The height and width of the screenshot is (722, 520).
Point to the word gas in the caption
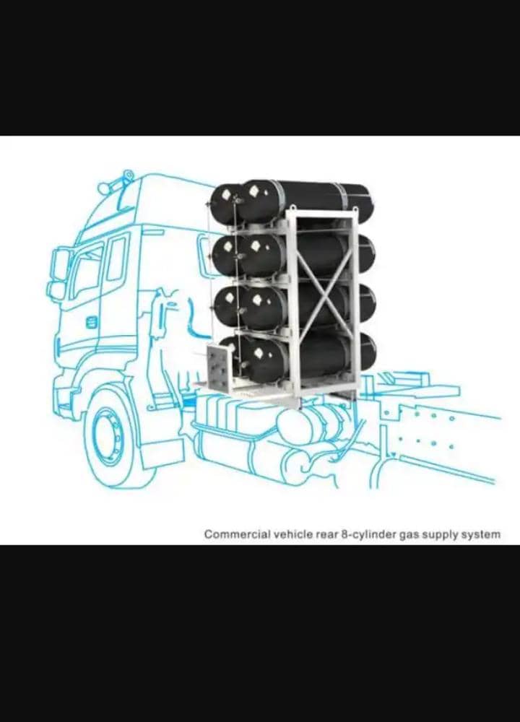tap(407, 536)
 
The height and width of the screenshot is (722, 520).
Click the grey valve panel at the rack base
tap(217, 368)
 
